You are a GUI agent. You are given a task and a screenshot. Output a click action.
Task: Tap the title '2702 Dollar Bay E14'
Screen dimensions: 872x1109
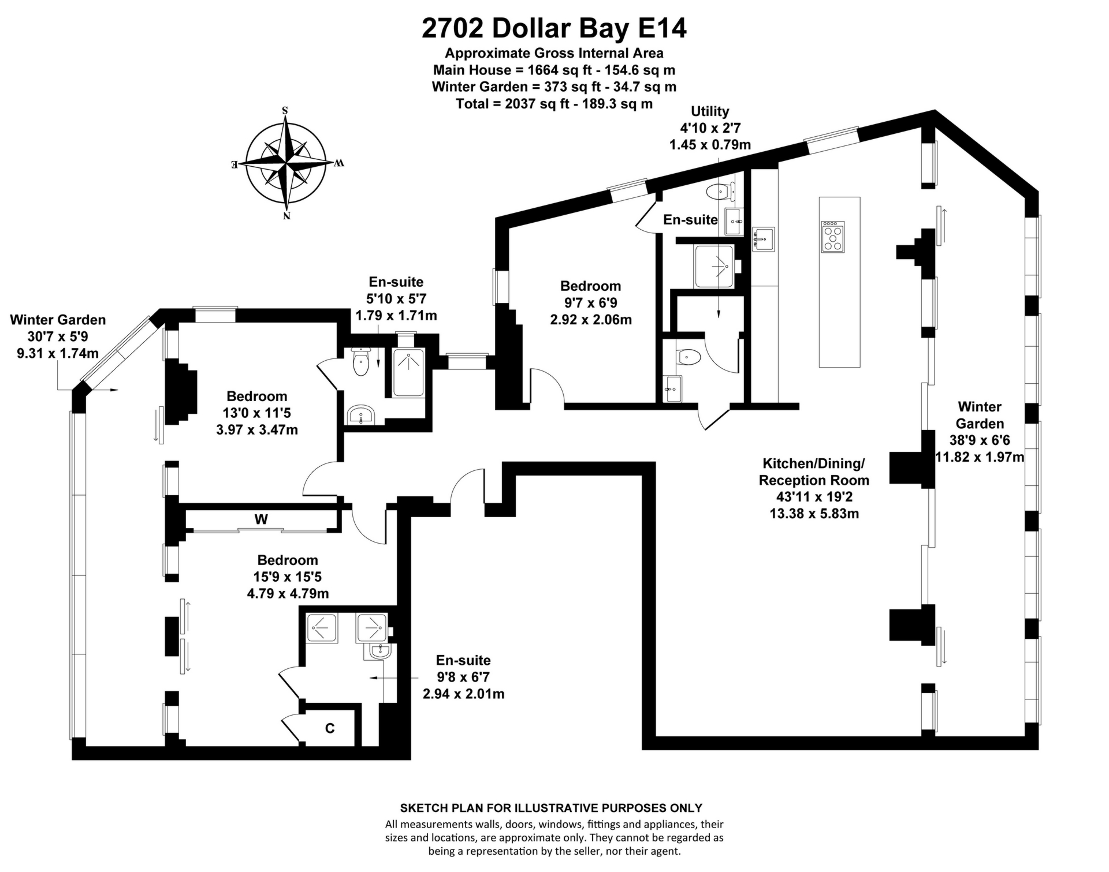554,28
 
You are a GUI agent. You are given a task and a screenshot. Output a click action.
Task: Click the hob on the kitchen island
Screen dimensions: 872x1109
833,237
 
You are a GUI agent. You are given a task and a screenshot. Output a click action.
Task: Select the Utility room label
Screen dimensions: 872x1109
710,128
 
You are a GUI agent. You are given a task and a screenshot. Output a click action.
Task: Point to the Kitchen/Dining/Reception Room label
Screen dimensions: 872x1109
814,488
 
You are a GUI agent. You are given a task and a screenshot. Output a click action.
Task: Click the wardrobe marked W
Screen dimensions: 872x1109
261,519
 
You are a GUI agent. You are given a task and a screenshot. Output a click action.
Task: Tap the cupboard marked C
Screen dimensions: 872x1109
330,728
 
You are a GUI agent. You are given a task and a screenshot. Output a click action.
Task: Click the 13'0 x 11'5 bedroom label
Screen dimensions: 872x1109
256,413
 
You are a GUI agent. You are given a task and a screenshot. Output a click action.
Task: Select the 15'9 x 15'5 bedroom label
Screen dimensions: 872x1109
288,577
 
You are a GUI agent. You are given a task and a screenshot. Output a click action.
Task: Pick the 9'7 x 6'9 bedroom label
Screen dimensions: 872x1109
590,302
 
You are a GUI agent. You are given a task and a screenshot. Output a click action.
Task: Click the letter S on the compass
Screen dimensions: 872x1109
285,110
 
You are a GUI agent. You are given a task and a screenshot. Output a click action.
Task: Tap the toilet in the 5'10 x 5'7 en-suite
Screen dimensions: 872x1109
362,362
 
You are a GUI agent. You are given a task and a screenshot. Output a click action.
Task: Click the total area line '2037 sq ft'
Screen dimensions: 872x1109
554,104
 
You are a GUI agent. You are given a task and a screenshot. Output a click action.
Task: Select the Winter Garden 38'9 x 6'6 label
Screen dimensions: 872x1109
980,432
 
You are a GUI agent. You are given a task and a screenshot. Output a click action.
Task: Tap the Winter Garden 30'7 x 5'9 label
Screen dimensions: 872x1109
58,336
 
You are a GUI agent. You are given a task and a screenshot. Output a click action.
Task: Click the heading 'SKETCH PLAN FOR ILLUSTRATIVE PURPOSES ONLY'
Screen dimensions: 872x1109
551,808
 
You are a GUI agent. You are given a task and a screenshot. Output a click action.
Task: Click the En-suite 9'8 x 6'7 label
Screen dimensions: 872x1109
463,677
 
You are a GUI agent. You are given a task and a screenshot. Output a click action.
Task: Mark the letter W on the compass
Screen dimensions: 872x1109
338,163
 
